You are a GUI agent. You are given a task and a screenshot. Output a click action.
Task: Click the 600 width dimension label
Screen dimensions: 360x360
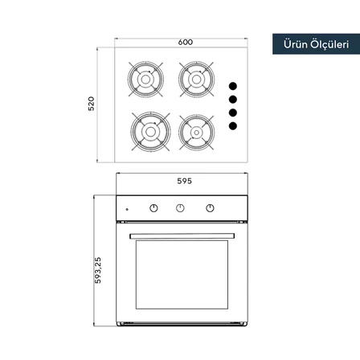[x=186, y=43]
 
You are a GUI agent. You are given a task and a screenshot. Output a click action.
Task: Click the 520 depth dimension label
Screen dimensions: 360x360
[x=92, y=104]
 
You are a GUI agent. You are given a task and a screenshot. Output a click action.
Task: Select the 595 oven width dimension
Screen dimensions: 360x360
[x=185, y=181]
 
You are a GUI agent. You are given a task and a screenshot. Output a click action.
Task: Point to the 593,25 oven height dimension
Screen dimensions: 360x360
[x=98, y=270]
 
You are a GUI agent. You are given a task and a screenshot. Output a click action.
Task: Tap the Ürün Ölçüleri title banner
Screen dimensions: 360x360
[x=316, y=44]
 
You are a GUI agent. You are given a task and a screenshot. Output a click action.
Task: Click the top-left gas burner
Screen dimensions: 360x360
[x=145, y=80]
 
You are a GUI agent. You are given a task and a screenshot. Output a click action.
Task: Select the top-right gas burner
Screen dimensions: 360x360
[x=196, y=80]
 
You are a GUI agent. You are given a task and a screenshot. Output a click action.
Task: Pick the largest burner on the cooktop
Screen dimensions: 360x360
[x=150, y=132]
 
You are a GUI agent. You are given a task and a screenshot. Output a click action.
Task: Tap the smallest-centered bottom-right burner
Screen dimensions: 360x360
[x=196, y=133]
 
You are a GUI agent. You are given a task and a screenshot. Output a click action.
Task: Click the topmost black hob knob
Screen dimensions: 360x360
[x=233, y=86]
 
